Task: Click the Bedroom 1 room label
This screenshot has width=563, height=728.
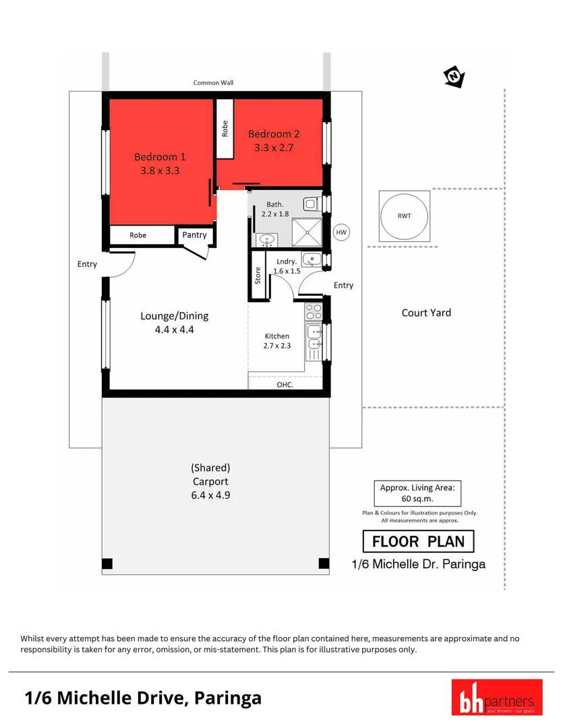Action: click(160, 156)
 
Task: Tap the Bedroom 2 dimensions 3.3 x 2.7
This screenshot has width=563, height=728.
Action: click(273, 147)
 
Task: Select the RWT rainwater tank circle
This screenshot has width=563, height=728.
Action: click(403, 216)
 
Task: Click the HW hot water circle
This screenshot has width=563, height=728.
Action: click(342, 232)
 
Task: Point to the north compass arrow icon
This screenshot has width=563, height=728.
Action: click(453, 78)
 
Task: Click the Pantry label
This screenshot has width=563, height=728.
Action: click(195, 235)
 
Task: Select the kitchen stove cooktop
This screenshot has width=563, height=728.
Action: click(314, 311)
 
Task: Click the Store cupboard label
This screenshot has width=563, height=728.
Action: click(258, 275)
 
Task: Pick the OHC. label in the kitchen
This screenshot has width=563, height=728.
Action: click(285, 385)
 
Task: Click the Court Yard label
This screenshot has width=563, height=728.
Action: click(426, 313)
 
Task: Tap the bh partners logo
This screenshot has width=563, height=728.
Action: click(496, 697)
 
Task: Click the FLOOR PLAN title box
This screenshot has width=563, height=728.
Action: click(418, 541)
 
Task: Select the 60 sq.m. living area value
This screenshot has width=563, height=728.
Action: click(417, 499)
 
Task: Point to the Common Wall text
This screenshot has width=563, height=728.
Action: click(213, 83)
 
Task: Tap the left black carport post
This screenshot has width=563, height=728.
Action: click(107, 564)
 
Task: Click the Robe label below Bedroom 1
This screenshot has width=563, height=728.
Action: click(138, 235)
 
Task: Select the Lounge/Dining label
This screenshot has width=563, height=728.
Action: click(175, 315)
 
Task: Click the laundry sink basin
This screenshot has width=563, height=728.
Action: click(312, 259)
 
